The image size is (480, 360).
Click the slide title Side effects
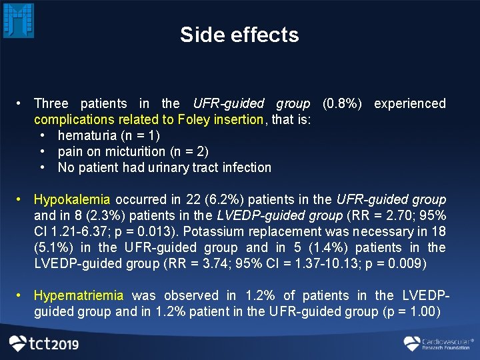pyautogui.click(x=239, y=35)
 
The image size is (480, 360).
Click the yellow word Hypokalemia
pyautogui.click(x=73, y=199)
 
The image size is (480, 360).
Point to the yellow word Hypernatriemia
pyautogui.click(x=79, y=295)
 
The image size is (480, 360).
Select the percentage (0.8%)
pyautogui.click(x=342, y=103)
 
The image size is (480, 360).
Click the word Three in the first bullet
pyautogui.click(x=51, y=103)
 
